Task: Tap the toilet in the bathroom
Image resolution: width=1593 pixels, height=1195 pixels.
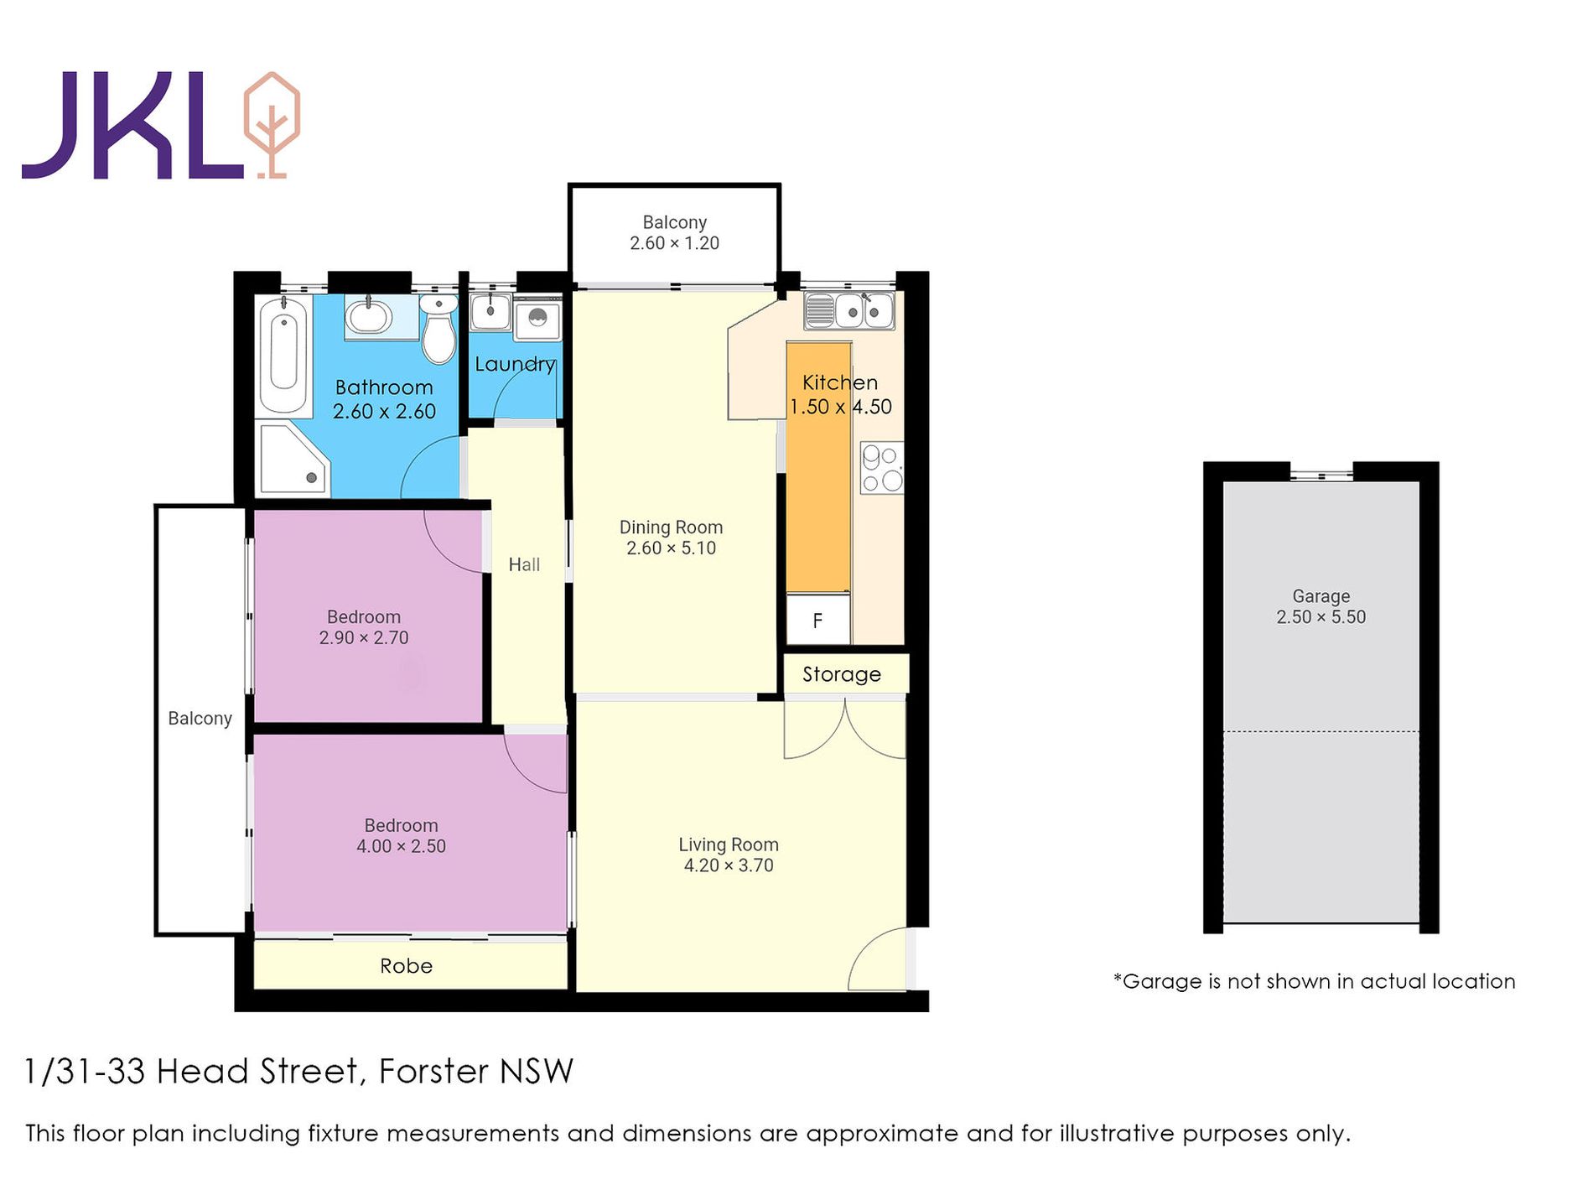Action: (x=438, y=329)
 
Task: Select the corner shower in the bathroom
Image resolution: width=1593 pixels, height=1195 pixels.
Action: (x=293, y=460)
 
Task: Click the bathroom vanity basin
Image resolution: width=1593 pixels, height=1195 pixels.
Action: (x=369, y=317)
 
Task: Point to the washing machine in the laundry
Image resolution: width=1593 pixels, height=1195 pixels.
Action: (x=537, y=319)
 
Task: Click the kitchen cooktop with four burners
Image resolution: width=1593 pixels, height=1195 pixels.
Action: (x=882, y=468)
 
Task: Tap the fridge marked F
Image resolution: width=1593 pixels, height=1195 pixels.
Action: (x=818, y=621)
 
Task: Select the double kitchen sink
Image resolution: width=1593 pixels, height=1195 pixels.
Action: (x=849, y=310)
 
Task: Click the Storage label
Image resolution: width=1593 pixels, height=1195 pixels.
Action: (x=842, y=674)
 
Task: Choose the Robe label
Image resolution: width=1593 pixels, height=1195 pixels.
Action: (x=407, y=966)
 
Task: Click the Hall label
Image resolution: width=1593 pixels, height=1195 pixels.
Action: (x=524, y=565)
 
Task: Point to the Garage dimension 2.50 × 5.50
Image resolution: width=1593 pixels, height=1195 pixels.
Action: (x=1321, y=617)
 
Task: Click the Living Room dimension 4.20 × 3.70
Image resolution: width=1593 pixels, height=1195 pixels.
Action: (x=729, y=865)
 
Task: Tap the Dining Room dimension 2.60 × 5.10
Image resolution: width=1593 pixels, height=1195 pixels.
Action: (x=672, y=548)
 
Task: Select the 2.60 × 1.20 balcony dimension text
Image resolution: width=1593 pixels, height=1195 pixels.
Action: (x=675, y=243)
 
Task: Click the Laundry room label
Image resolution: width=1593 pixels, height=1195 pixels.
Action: (x=515, y=365)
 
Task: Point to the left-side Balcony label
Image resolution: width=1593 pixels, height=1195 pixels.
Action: (x=200, y=719)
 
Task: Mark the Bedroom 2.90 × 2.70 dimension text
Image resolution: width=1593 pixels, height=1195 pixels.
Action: (x=364, y=638)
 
